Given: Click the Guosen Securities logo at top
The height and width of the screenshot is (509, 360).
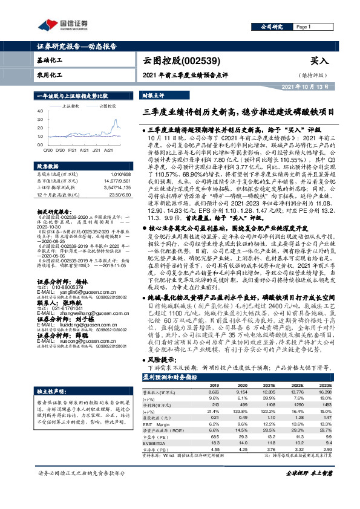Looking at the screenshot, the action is [x=63, y=25].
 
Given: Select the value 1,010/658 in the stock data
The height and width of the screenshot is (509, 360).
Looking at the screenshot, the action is [x=114, y=173].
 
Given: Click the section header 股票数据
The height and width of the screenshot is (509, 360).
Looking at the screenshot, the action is [x=48, y=165].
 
